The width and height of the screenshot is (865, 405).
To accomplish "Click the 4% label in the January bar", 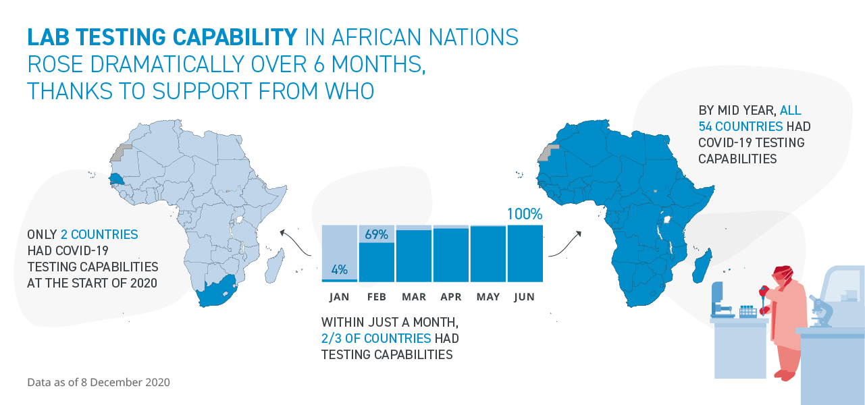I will pos(339,269).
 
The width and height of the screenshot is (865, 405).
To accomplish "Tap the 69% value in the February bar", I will pos(376,235).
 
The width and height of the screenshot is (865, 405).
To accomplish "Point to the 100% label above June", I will pos(524,215).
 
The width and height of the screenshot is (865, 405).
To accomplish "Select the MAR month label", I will pos(413,297).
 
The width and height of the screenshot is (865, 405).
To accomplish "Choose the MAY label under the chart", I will pos(488,297).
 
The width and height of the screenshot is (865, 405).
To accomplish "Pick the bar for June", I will pos(525,253).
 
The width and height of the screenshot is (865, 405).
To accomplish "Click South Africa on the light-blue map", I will pos(215,292).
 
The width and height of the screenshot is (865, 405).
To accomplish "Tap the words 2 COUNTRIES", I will pos(99,235).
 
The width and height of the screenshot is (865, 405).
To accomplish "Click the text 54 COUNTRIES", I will pos(741,126).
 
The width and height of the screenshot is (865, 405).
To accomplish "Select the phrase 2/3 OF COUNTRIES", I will pos(376,338).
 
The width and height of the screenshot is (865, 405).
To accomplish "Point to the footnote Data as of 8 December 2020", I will pos(99,382).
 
